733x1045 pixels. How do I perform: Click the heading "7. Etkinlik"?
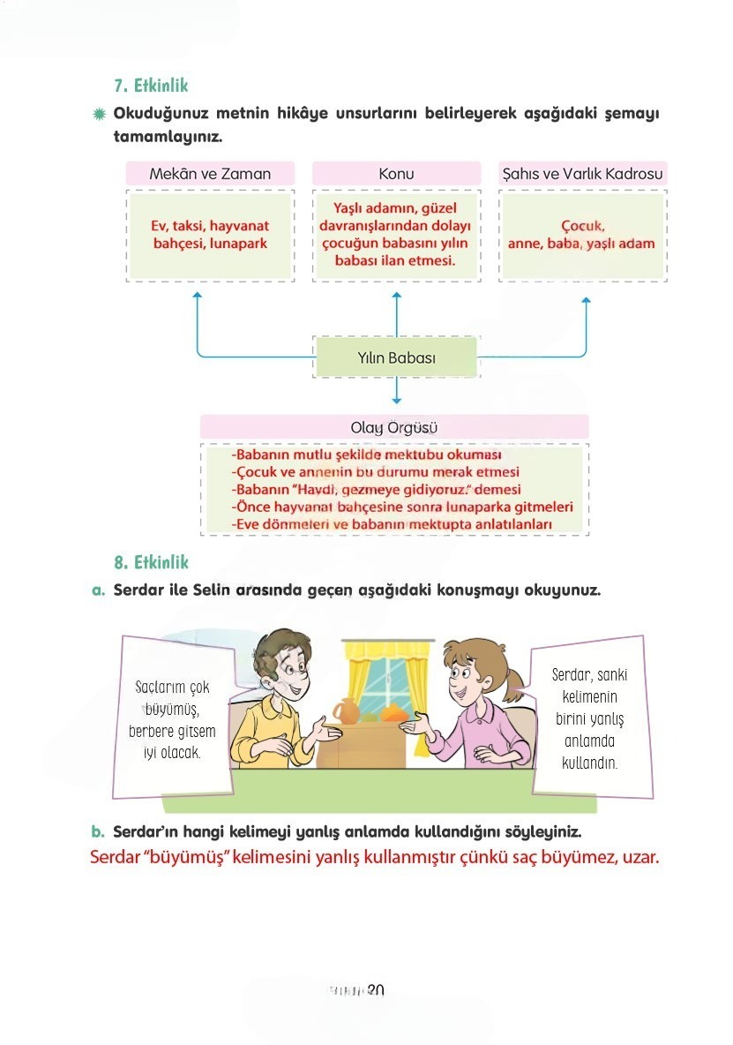pos(150,86)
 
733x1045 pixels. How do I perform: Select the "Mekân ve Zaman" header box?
pos(210,174)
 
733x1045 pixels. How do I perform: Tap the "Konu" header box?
pos(396,174)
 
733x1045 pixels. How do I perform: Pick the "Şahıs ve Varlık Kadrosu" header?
pos(582,174)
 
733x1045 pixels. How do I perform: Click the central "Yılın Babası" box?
pos(396,358)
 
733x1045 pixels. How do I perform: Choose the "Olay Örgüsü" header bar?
pos(394,428)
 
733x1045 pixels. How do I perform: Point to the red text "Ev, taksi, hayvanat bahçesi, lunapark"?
pos(209,235)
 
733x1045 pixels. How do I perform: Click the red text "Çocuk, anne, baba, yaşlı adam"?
pos(582,235)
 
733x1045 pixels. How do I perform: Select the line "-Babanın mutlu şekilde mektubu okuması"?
pos(366,455)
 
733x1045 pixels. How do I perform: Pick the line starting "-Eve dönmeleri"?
pos(392,525)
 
